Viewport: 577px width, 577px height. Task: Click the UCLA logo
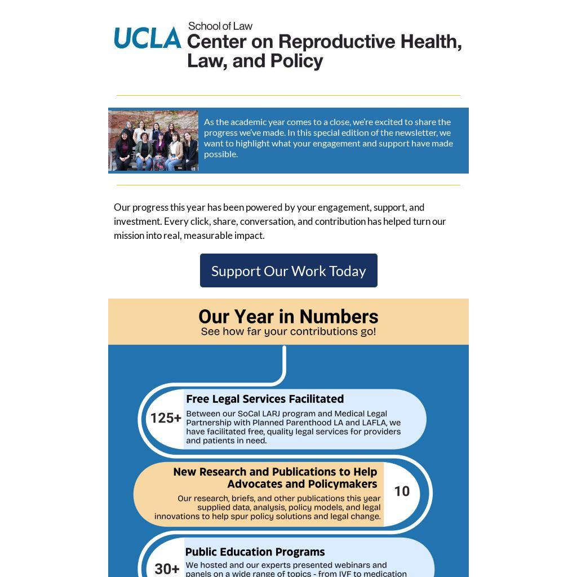pyautogui.click(x=148, y=38)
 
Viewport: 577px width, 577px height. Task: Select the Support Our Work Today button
pyautogui.click(x=288, y=270)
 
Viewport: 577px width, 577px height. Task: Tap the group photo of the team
pyautogui.click(x=153, y=140)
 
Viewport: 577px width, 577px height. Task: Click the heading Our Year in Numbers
pyautogui.click(x=288, y=317)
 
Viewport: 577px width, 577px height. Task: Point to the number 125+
pyautogui.click(x=166, y=418)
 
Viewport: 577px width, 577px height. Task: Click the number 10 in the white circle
pyautogui.click(x=402, y=491)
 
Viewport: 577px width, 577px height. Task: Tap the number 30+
pyautogui.click(x=167, y=569)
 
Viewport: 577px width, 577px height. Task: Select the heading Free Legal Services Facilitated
pyautogui.click(x=265, y=399)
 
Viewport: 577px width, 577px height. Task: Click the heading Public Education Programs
pyautogui.click(x=255, y=552)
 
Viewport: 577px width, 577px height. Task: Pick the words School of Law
pyautogui.click(x=220, y=26)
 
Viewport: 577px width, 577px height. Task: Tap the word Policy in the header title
pyautogui.click(x=296, y=61)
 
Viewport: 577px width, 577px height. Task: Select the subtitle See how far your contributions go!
pyautogui.click(x=288, y=331)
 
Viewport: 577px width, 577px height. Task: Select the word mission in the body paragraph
pyautogui.click(x=129, y=236)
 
